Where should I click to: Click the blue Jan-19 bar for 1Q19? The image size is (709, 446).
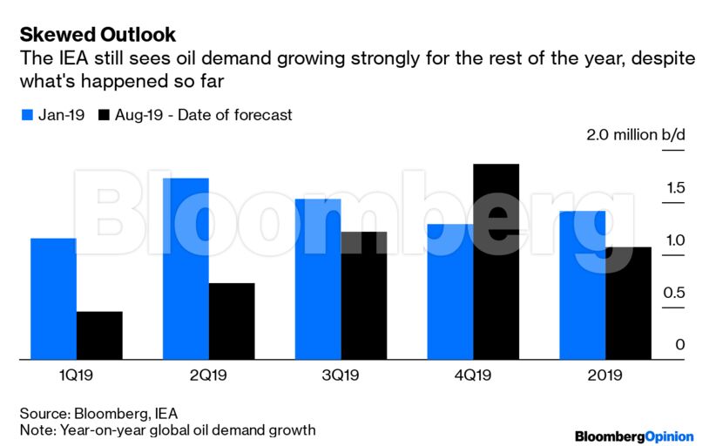[x=53, y=298]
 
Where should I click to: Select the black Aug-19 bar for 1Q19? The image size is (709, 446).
[x=99, y=335]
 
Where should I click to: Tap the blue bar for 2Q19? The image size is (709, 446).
[x=186, y=268]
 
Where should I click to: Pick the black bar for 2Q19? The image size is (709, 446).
[x=232, y=321]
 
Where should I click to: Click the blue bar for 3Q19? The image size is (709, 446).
[x=317, y=279]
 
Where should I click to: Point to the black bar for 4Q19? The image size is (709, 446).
[x=496, y=261]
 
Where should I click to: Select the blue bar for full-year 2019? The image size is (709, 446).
[x=582, y=285]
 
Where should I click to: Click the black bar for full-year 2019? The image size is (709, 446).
[x=628, y=303]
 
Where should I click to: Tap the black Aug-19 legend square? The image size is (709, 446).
[x=105, y=115]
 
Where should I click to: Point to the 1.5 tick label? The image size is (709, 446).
[x=675, y=188]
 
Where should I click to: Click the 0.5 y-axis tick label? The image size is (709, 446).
[x=674, y=293]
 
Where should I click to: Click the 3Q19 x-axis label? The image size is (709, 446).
[x=341, y=375]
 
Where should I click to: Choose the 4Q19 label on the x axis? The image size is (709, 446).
[x=473, y=375]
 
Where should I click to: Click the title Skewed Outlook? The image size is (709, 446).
[x=98, y=35]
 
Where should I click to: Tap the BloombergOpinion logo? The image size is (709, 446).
[x=634, y=436]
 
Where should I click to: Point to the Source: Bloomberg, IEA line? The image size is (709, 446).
[x=104, y=413]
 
